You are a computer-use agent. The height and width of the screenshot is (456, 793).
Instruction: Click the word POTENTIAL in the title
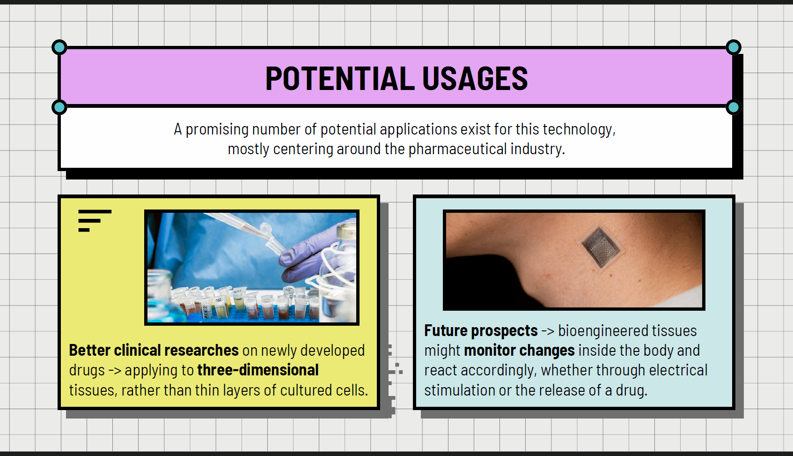click(340, 78)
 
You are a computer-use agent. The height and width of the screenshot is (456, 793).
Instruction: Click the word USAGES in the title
click(475, 78)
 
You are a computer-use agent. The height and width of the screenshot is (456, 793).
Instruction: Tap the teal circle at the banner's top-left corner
click(59, 47)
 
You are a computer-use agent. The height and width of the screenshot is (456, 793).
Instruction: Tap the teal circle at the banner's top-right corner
click(733, 47)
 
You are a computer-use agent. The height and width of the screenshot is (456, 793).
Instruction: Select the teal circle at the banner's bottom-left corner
click(59, 107)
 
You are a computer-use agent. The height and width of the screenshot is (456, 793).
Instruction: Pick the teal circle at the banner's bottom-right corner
click(733, 107)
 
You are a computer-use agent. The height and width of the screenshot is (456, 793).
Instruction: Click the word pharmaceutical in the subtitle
click(457, 150)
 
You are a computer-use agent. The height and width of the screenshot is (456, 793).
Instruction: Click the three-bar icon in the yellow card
click(95, 221)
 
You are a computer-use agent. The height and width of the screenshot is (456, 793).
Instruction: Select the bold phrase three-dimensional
click(258, 370)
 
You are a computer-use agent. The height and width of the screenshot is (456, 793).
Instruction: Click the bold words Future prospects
click(481, 331)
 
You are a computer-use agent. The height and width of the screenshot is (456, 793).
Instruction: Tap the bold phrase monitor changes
click(519, 351)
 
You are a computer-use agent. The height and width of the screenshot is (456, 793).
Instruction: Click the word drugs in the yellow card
click(87, 371)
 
